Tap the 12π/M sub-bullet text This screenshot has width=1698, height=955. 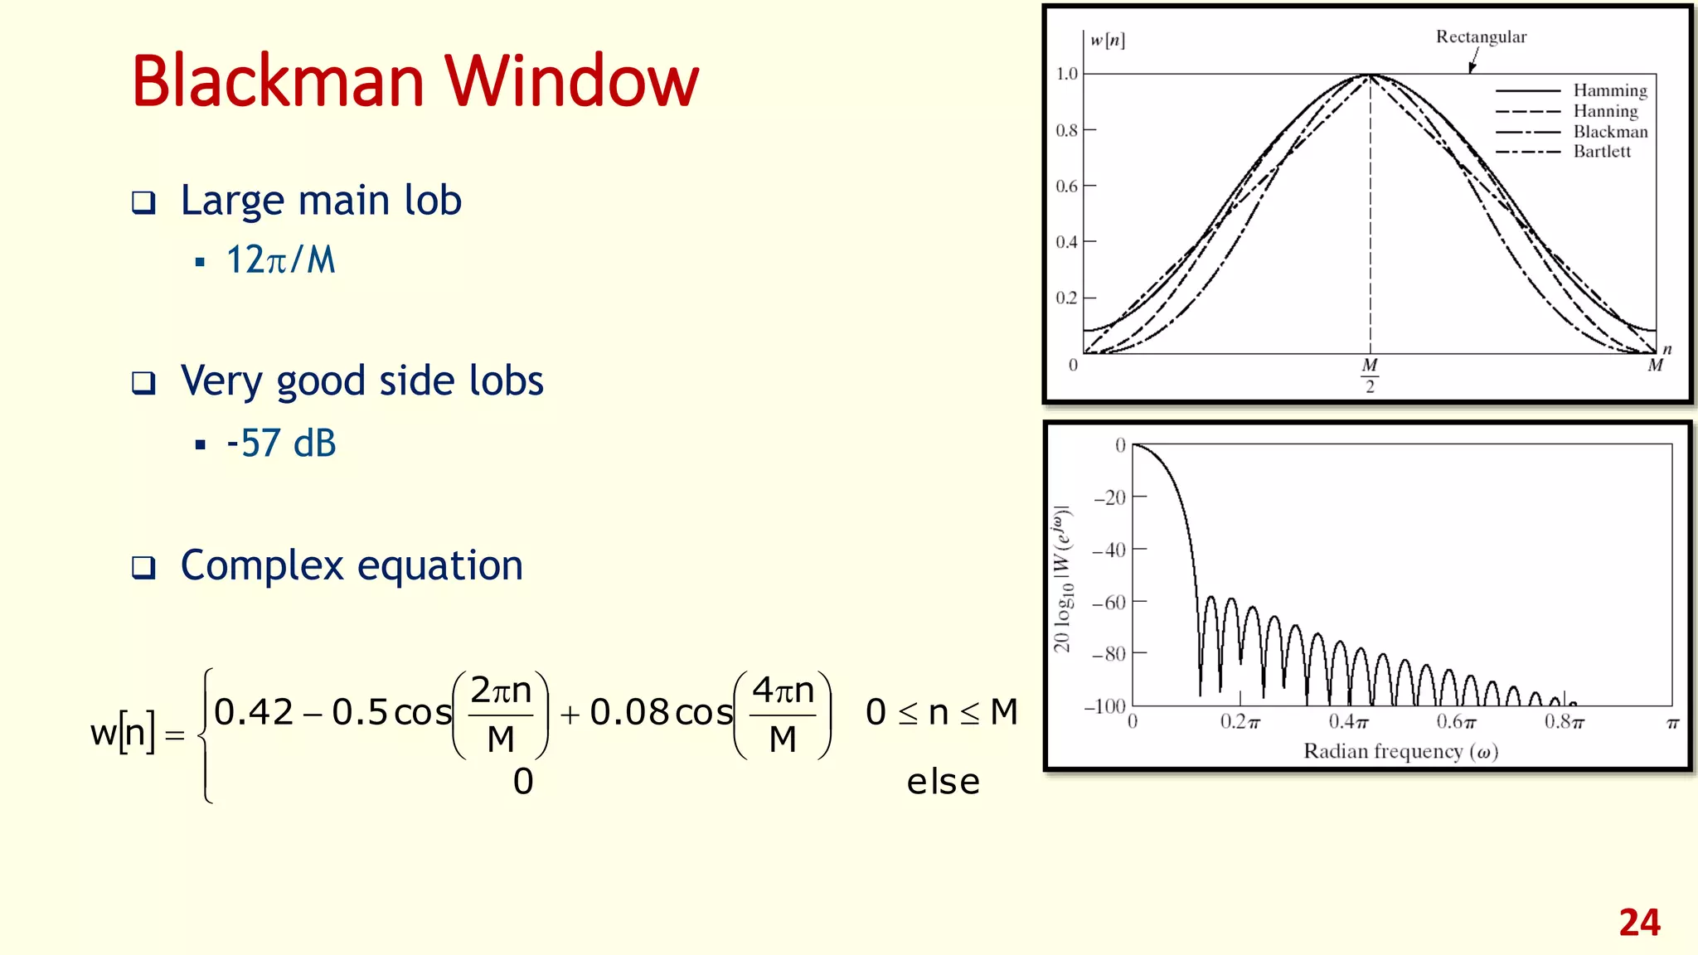[281, 260]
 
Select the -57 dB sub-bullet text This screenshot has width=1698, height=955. [281, 444]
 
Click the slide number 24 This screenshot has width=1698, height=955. [1639, 923]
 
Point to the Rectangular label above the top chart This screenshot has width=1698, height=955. [1481, 37]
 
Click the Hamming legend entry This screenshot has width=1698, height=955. [1610, 90]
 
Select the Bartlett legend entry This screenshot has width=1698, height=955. [1602, 152]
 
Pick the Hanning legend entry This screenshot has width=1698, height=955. [1606, 111]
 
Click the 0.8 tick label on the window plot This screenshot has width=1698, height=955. [1066, 130]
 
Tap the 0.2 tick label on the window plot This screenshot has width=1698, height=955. [1066, 298]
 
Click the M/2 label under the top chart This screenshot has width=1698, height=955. [1370, 376]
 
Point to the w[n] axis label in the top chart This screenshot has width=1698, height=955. [1107, 40]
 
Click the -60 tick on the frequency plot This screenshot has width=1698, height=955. [1109, 602]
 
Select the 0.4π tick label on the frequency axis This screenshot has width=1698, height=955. [1348, 722]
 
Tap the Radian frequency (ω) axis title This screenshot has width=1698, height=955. [1400, 751]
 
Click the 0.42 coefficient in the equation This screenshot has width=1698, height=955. [254, 712]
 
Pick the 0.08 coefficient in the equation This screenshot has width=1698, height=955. [629, 712]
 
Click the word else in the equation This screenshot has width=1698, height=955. [943, 782]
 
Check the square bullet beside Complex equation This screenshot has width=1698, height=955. [143, 568]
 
